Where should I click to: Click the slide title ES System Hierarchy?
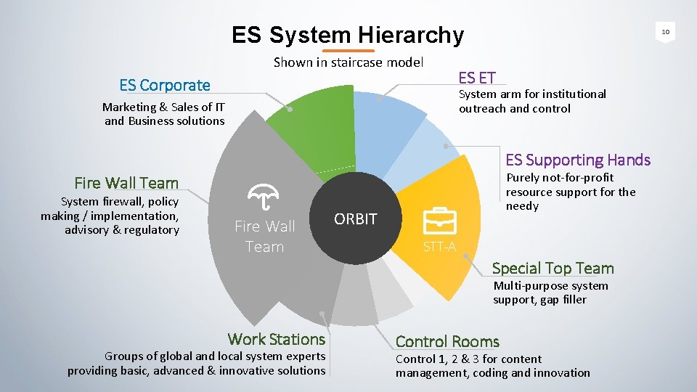(x=347, y=34)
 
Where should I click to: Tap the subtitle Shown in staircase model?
(x=348, y=62)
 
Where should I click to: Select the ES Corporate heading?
(x=165, y=85)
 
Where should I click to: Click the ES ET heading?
(x=477, y=78)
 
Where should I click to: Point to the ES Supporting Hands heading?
(x=578, y=160)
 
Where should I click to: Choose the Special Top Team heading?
(x=553, y=268)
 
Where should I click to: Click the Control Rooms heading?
(x=447, y=341)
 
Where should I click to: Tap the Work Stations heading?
(x=276, y=339)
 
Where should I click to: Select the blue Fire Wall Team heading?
(x=126, y=183)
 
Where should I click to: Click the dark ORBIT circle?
(x=356, y=219)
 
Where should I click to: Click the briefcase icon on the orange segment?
(x=439, y=220)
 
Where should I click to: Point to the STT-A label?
(x=439, y=247)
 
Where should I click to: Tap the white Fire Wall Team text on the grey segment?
(x=264, y=236)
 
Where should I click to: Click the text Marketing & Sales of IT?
(x=163, y=107)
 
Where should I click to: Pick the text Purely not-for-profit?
(x=560, y=178)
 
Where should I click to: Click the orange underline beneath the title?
(x=348, y=52)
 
